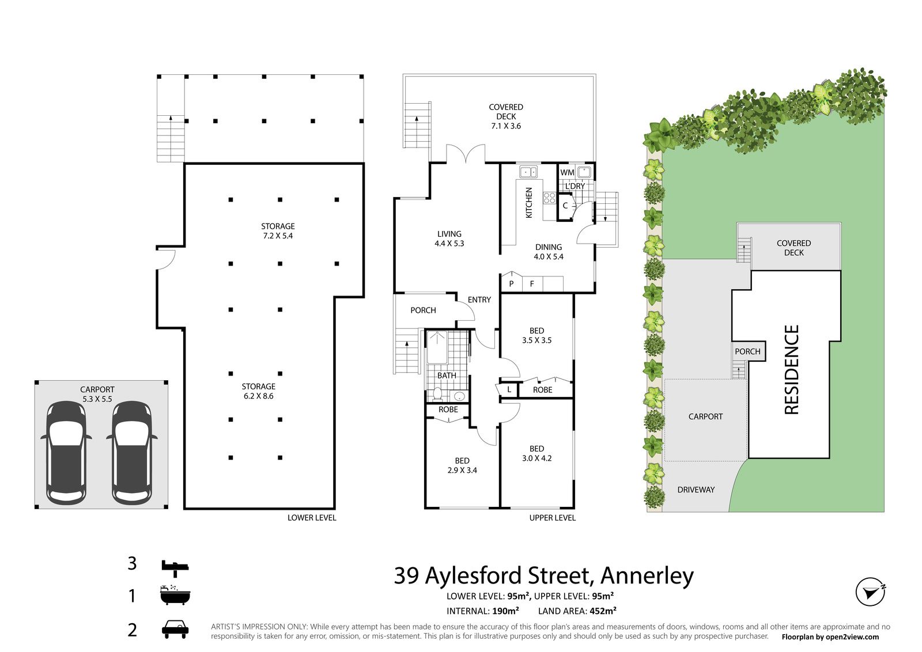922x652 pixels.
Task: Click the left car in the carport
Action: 66,453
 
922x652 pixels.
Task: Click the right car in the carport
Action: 132,453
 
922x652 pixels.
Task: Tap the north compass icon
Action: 871,592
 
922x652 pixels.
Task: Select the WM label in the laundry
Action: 567,173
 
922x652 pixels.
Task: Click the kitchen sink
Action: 528,172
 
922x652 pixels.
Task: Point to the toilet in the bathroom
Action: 437,393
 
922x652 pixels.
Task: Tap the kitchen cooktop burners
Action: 549,198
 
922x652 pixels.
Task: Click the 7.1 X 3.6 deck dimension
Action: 506,126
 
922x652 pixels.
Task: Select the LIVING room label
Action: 449,234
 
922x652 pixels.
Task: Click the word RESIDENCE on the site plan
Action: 792,369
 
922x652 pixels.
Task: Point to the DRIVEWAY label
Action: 696,490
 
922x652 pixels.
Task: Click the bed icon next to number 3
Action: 175,568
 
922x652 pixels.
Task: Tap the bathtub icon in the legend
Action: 175,595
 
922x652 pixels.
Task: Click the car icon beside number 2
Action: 175,630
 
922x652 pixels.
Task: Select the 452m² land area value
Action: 603,611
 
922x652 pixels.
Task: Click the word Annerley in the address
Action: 647,576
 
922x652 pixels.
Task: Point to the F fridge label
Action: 532,284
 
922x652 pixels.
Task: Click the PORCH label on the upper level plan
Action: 423,310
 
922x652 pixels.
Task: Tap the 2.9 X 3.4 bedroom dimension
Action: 462,470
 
